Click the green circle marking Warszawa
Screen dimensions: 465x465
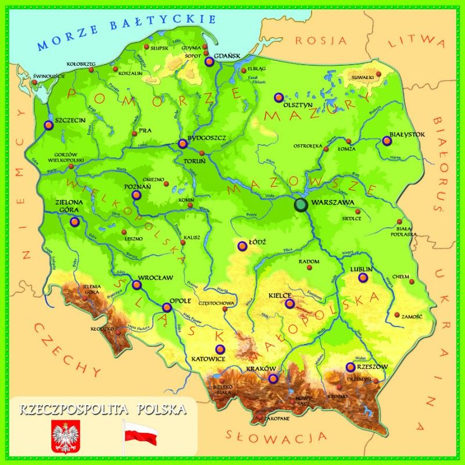tap(301, 205)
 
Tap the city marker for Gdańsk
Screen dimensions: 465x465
tap(210, 61)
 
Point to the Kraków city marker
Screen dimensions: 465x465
tap(273, 378)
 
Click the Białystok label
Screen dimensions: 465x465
tap(407, 134)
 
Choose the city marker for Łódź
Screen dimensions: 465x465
tap(242, 246)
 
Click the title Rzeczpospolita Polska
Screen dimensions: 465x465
tap(103, 409)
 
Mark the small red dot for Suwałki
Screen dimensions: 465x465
tap(379, 74)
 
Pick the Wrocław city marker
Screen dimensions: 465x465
tap(137, 285)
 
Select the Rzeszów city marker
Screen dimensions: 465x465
tap(350, 367)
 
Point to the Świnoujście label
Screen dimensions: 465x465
tap(49, 76)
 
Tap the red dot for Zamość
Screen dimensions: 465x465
tap(397, 315)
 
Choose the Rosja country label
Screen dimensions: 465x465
tap(321, 40)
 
